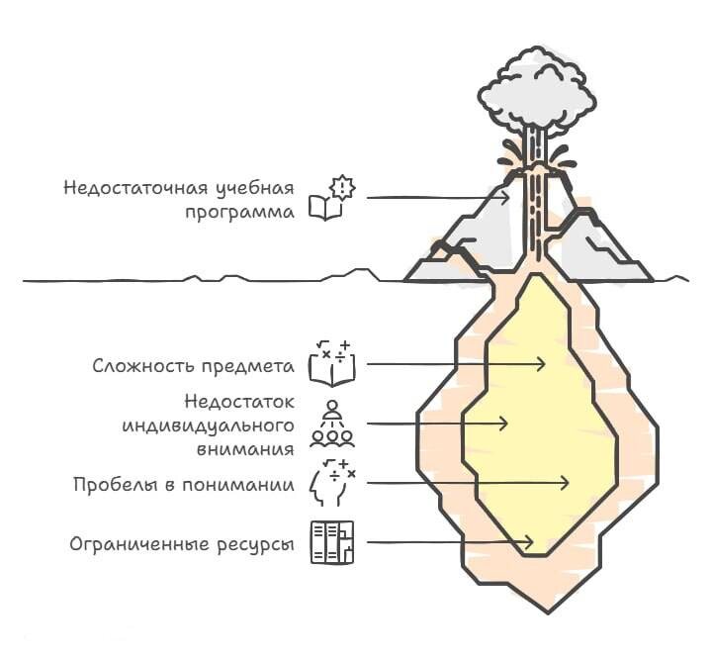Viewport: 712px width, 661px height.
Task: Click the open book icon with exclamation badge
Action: [331, 197]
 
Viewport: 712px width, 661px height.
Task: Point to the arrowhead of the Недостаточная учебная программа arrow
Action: [506, 198]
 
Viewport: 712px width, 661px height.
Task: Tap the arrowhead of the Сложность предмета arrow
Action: [541, 364]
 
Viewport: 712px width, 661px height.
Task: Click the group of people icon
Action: [331, 424]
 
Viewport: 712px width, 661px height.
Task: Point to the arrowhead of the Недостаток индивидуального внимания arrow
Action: [504, 424]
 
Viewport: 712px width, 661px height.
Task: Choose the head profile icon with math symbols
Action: [331, 483]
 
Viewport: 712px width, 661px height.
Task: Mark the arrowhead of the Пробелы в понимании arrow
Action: [566, 483]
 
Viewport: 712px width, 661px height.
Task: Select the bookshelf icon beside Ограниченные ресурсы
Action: [331, 541]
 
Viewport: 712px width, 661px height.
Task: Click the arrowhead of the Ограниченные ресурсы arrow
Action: [531, 542]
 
